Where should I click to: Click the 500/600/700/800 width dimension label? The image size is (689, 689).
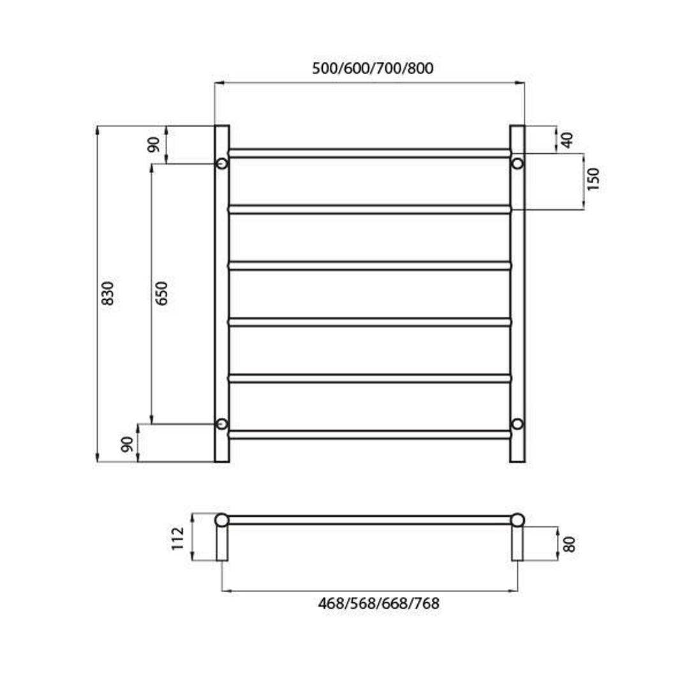[373, 68]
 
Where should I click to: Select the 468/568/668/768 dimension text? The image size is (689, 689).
[378, 604]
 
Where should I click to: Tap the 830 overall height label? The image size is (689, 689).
[108, 293]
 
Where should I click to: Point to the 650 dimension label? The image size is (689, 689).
[162, 293]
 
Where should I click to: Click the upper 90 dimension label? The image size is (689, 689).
[154, 144]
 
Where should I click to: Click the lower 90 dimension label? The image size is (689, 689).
[127, 444]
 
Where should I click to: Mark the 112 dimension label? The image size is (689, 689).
[179, 537]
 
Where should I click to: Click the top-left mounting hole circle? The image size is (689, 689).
[221, 164]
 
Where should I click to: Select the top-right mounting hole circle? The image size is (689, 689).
[517, 164]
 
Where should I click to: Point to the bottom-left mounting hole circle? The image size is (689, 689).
[221, 424]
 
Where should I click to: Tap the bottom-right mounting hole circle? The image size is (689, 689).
[517, 424]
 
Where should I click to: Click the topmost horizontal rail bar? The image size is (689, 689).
[369, 153]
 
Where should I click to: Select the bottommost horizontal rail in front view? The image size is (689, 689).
[369, 434]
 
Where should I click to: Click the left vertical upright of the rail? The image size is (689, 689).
[221, 293]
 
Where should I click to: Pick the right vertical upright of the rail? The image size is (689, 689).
[517, 293]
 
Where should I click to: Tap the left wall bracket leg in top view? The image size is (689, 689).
[221, 544]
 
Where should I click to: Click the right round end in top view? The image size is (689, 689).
[517, 520]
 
